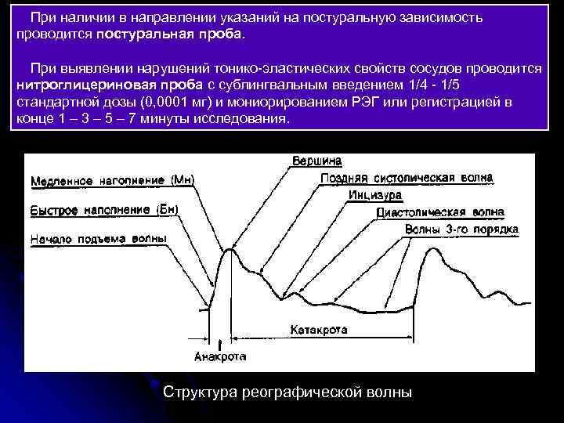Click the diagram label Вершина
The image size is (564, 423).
tap(316, 161)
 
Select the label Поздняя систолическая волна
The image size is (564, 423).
tap(407, 178)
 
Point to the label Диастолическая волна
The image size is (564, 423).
tap(440, 212)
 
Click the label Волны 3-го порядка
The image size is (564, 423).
tap(461, 230)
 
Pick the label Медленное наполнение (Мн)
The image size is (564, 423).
tap(112, 181)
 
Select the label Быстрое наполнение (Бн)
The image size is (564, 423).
tap(105, 209)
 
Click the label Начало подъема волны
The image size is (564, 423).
tap(98, 237)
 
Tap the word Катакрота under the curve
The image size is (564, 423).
tap(319, 330)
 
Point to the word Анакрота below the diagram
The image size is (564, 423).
tap(219, 356)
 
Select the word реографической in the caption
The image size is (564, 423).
tap(306, 392)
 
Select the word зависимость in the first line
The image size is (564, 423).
tap(439, 17)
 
